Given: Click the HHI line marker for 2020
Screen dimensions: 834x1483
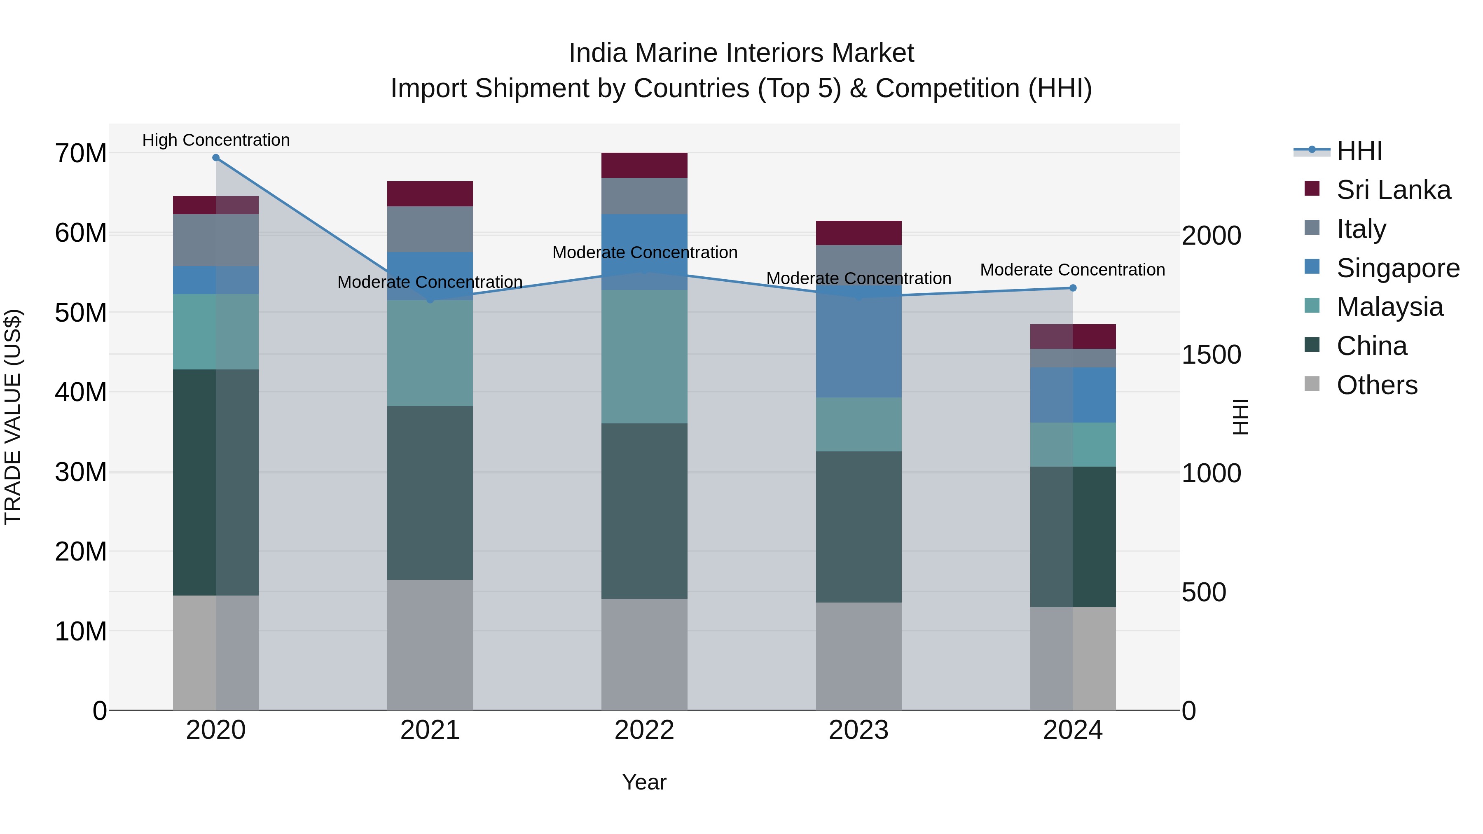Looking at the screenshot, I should [x=216, y=158].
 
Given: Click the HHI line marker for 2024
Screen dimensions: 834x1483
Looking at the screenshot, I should [x=1073, y=288].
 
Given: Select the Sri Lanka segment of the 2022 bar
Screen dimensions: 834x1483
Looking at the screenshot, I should [x=644, y=165].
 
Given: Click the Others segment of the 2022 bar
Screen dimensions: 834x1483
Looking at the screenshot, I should [x=644, y=654].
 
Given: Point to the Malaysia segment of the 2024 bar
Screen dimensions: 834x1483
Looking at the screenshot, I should [x=1073, y=444].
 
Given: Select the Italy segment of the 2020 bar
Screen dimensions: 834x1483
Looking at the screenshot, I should [x=216, y=240].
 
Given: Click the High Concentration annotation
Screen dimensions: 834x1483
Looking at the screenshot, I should [x=216, y=140].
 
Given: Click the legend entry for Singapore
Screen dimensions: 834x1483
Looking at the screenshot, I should [x=1398, y=268].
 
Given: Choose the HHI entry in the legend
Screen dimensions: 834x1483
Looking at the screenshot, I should [x=1359, y=151].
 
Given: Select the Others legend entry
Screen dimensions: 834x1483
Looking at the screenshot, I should [x=1376, y=385].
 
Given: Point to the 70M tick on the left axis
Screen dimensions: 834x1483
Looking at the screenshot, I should [x=81, y=154].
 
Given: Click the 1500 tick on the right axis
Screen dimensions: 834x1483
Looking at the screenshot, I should [x=1211, y=355].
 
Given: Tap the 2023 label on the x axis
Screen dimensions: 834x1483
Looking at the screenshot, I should [x=858, y=730].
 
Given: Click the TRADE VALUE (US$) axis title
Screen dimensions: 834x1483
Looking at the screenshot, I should [x=13, y=417].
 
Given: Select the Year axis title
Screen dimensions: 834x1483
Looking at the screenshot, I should [x=644, y=782].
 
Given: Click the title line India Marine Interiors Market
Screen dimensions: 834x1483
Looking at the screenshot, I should [x=741, y=53].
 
